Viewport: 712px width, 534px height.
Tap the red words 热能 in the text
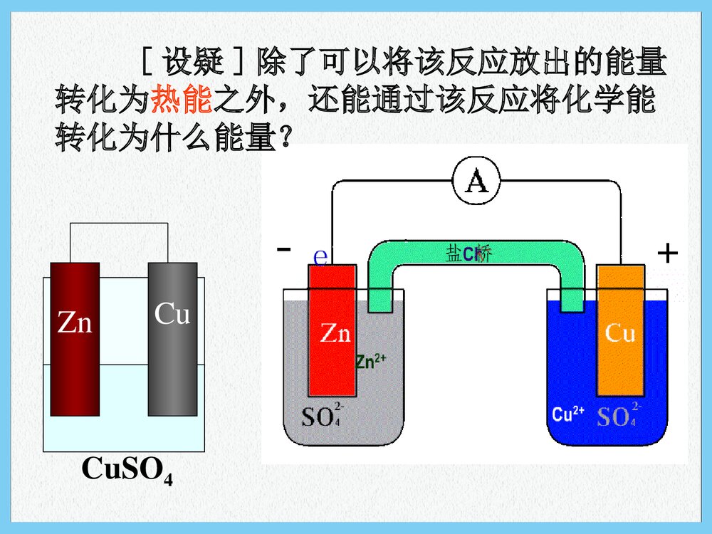pyautogui.click(x=182, y=100)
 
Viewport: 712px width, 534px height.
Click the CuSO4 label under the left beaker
pyautogui.click(x=127, y=471)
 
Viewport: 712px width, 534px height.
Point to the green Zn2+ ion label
pyautogui.click(x=370, y=361)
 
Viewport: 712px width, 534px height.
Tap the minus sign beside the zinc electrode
pyautogui.click(x=284, y=249)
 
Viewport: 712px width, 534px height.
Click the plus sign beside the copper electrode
pyautogui.click(x=667, y=253)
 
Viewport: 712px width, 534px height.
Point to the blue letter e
pyautogui.click(x=320, y=256)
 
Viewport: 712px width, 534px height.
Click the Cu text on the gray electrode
pyautogui.click(x=172, y=313)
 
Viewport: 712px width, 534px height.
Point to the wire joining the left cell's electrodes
pyautogui.click(x=118, y=224)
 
